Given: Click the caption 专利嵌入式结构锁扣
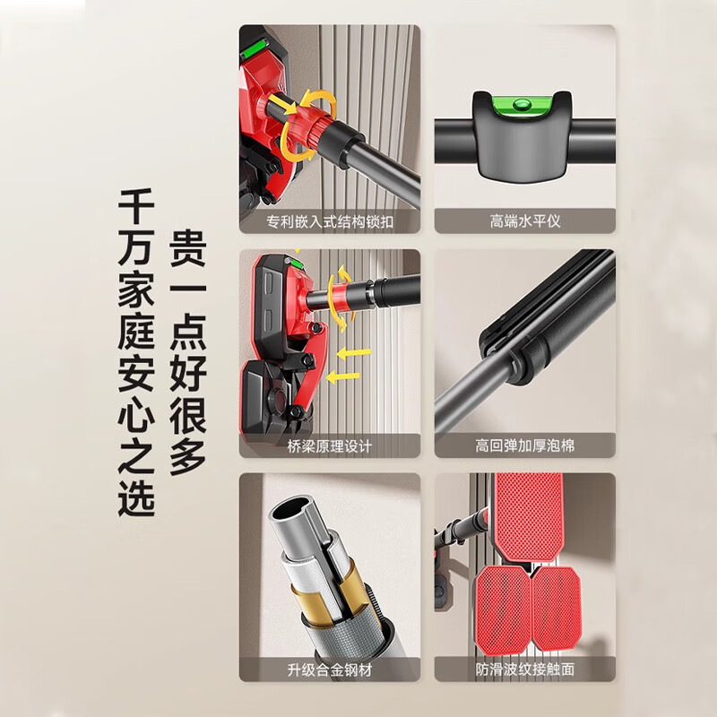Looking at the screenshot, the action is click(330, 222).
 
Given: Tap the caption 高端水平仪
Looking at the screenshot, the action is click(525, 221).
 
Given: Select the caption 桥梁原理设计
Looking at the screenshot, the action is click(330, 445).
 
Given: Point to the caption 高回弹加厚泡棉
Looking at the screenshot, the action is click(525, 445).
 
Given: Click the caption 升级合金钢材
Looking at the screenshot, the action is click(330, 669).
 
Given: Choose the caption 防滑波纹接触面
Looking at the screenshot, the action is click(525, 669).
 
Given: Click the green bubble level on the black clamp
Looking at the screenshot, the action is click(522, 104).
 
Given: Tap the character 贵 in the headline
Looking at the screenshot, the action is click(188, 248).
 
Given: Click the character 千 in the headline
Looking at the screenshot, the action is click(136, 207).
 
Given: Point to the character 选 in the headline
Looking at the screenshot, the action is click(136, 498).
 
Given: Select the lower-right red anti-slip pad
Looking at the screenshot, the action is click(557, 608).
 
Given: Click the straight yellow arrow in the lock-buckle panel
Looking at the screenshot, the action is click(282, 105).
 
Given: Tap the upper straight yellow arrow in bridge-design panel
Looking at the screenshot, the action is click(354, 353).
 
